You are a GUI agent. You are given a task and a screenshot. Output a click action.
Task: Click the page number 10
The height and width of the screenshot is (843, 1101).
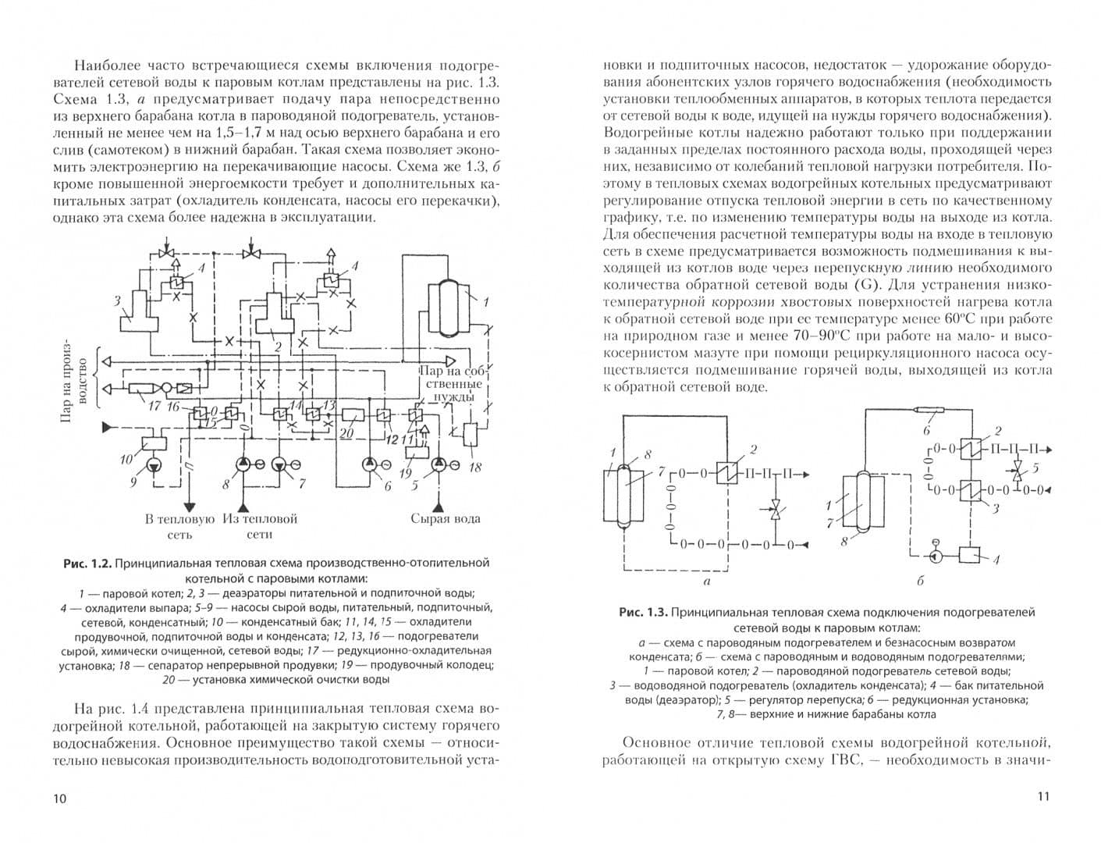[x=59, y=798]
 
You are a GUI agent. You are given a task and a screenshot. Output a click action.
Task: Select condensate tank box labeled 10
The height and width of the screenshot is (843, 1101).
[x=152, y=443]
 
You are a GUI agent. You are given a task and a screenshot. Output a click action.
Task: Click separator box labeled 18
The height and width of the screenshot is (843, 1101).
[x=471, y=434]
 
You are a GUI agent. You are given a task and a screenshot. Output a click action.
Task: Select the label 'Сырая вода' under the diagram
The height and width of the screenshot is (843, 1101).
[x=445, y=518]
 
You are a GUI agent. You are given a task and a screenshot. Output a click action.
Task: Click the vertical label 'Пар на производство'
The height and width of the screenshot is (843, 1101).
[x=67, y=382]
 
